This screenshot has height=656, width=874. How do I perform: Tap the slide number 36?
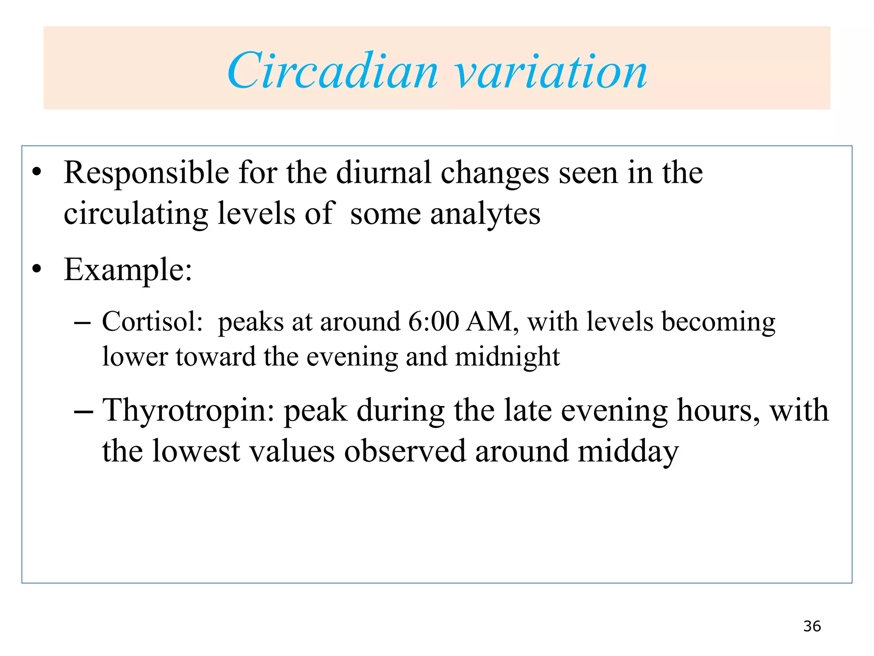tap(812, 626)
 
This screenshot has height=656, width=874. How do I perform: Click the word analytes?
tap(485, 214)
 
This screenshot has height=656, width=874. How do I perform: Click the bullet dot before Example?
tap(37, 269)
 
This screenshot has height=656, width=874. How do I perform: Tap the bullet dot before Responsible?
tap(37, 172)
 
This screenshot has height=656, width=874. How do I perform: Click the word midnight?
tap(507, 357)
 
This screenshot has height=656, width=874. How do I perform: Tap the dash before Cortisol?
tap(82, 323)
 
